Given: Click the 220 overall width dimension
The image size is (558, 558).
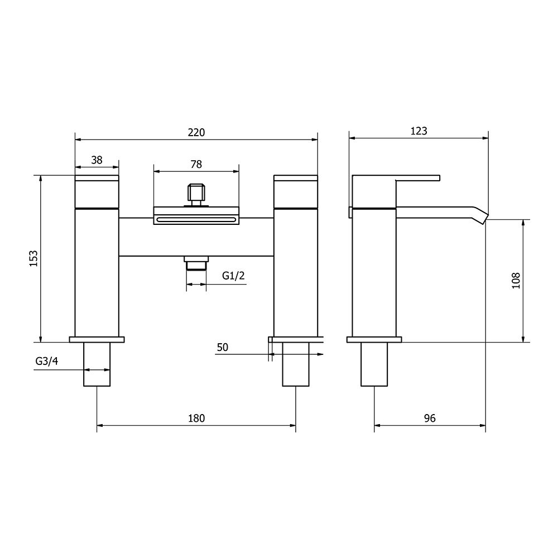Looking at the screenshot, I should click(x=196, y=132).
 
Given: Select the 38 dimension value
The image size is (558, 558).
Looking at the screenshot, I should click(x=97, y=160).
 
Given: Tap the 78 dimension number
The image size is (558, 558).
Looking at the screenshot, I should click(x=196, y=164).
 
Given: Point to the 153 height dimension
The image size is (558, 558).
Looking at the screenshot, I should click(x=33, y=259).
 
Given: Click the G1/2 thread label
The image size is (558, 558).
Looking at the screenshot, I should click(x=233, y=275).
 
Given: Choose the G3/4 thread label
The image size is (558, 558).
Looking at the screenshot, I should click(x=46, y=361).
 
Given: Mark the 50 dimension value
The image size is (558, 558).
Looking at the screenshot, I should click(x=223, y=347).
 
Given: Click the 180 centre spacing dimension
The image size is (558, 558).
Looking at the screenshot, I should click(x=196, y=418).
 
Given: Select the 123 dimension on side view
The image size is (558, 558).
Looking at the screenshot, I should click(x=419, y=131).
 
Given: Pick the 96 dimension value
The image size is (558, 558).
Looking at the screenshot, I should click(x=429, y=418).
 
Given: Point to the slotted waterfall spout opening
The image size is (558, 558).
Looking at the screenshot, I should click(x=196, y=220).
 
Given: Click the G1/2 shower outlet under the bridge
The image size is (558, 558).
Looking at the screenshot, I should click(x=196, y=263).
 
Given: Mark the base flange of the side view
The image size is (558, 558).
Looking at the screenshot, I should click(x=374, y=339).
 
